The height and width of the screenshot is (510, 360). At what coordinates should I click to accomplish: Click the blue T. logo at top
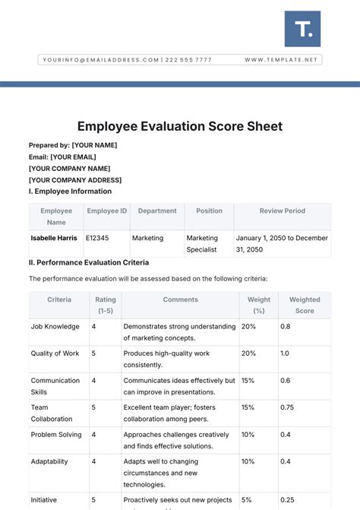(x=303, y=29)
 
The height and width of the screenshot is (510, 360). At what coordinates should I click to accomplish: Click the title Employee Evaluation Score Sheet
(x=179, y=125)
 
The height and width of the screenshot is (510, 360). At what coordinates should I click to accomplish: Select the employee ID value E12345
(x=97, y=238)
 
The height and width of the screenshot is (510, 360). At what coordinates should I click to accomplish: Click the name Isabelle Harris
(x=55, y=238)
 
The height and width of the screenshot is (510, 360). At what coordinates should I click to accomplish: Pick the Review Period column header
(x=282, y=211)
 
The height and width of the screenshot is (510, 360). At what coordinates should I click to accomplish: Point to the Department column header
(x=157, y=211)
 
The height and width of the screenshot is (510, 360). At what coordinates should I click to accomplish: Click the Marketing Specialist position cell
(x=202, y=243)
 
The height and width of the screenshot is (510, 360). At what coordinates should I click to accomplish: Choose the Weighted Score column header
(x=304, y=305)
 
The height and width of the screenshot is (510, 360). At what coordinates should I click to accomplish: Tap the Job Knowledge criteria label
(x=55, y=327)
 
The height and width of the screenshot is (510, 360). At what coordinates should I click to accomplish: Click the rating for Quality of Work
(x=93, y=353)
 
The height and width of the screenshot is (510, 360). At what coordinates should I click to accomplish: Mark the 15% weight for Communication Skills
(x=248, y=380)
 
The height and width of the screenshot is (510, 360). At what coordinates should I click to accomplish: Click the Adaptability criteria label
(x=49, y=461)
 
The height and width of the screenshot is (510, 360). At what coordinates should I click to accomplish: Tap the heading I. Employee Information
(x=70, y=192)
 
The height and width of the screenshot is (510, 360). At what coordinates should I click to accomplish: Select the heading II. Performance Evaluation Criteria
(x=93, y=262)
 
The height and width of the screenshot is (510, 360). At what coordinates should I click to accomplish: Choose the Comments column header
(x=180, y=299)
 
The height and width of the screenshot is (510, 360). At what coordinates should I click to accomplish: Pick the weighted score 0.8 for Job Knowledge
(x=285, y=327)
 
